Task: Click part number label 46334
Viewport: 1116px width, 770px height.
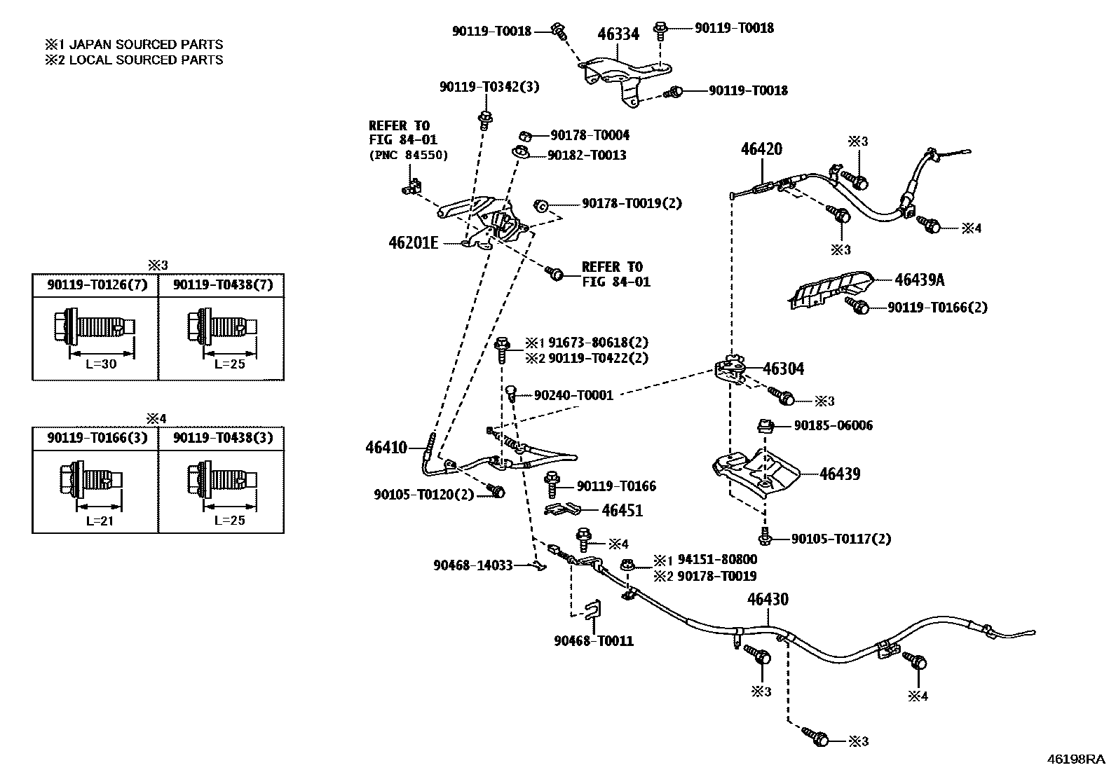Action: tap(618, 33)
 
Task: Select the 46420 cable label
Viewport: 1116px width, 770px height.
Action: tap(761, 149)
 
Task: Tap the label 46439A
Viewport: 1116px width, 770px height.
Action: tap(919, 280)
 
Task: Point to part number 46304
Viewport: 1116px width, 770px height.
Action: tap(783, 369)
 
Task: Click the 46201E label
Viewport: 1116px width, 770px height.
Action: tap(413, 242)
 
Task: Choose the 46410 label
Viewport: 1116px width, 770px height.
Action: tap(386, 447)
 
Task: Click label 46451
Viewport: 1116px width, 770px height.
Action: tap(622, 510)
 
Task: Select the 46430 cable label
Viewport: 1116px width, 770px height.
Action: tap(768, 599)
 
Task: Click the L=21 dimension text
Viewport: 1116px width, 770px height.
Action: tap(95, 521)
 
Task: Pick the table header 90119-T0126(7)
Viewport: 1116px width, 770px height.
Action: tap(96, 284)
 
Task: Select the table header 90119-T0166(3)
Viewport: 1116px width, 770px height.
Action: tap(96, 437)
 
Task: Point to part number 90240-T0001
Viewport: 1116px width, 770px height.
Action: tap(573, 395)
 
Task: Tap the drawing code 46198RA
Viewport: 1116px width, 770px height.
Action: tap(1075, 759)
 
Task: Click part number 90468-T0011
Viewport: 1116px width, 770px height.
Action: tap(593, 640)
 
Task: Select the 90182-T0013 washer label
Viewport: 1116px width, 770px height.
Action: tap(587, 155)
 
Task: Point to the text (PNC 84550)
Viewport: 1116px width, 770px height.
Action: tap(408, 155)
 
